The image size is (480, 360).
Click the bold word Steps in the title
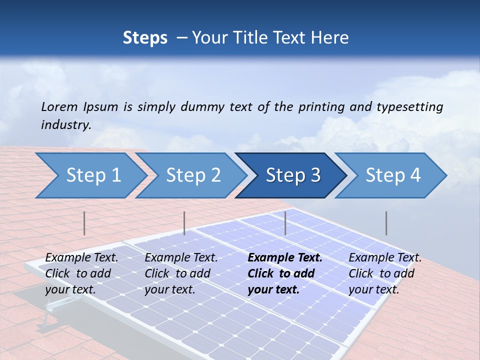pos(145,38)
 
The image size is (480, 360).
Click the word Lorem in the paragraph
pos(59,106)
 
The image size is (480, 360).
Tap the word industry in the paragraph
pos(65,125)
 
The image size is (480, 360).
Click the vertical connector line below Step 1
pos(84,223)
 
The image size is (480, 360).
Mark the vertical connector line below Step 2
pos(184,223)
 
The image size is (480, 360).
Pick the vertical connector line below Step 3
pos(285,223)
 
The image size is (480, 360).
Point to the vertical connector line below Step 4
pos(386,223)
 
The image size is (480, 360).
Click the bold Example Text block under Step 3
pos(284,273)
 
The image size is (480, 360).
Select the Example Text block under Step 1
pos(81,273)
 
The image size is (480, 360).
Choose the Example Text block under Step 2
pos(181,273)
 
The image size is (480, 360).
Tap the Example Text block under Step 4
pos(385,273)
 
